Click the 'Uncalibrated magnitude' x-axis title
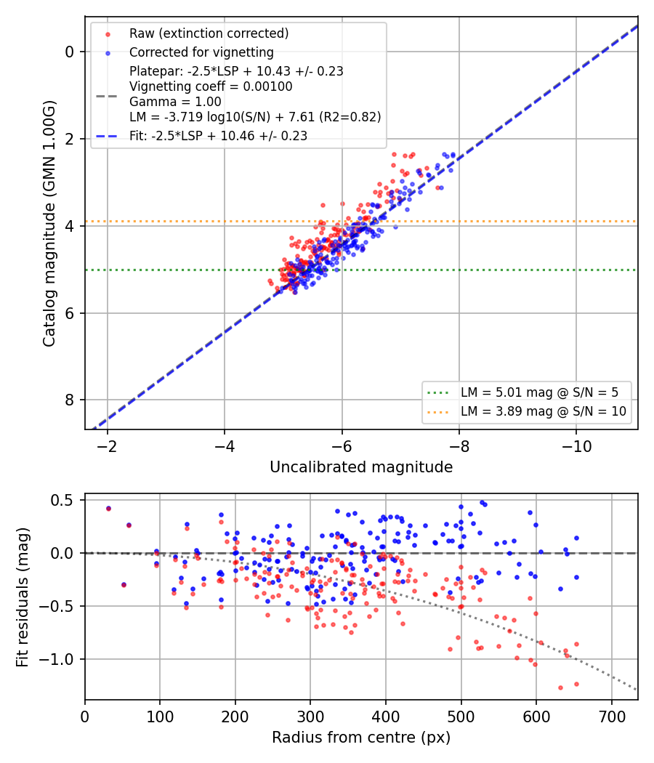pos(361,467)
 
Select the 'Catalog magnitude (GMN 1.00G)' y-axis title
pos(49,223)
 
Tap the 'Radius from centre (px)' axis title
pos(361,738)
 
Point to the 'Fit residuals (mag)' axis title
pos(23,597)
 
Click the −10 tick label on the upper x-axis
pos(576,446)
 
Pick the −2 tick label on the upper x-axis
pos(107,446)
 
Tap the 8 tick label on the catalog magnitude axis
pos(70,400)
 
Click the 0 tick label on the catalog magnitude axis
pos(70,52)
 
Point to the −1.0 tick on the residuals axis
pos(56,659)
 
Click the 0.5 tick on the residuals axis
pos(62,500)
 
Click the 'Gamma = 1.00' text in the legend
pos(175,102)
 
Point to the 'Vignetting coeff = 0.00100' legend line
pos(211,86)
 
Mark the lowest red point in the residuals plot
pos(560,687)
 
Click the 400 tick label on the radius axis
pos(385,716)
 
